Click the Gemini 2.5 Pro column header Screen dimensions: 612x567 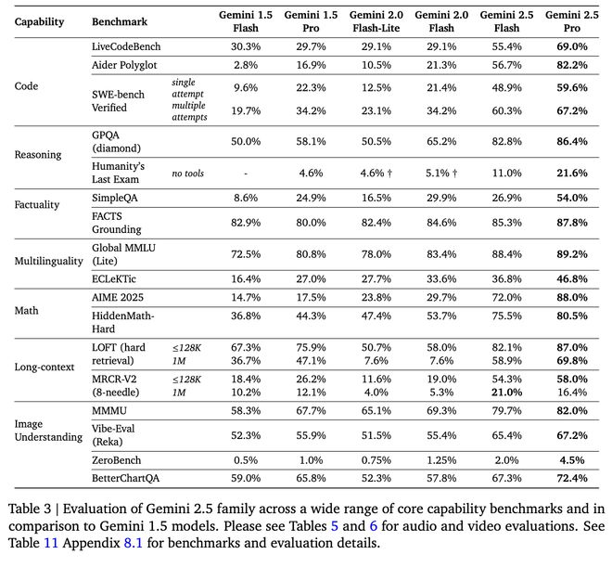571,21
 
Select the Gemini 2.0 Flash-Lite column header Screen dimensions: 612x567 376,21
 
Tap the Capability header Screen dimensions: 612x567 39,22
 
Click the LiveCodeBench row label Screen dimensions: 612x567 126,46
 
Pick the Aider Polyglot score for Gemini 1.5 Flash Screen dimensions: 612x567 246,65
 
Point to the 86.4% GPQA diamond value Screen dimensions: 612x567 572,141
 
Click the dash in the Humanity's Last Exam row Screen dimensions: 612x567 246,174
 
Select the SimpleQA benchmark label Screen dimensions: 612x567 115,198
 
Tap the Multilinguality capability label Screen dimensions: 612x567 49,261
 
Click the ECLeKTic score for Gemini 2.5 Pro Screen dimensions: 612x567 572,279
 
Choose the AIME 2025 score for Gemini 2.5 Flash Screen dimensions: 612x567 506,298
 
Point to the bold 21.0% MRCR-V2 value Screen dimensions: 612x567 506,392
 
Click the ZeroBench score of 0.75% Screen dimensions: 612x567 376,460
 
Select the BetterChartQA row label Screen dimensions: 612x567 126,478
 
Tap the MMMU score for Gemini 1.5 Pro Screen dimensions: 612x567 311,411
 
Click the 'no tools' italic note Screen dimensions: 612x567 187,174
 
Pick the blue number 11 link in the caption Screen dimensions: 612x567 51,543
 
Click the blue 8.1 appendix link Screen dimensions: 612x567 134,543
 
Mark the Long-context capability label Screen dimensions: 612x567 45,367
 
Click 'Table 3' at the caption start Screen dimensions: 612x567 30,509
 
